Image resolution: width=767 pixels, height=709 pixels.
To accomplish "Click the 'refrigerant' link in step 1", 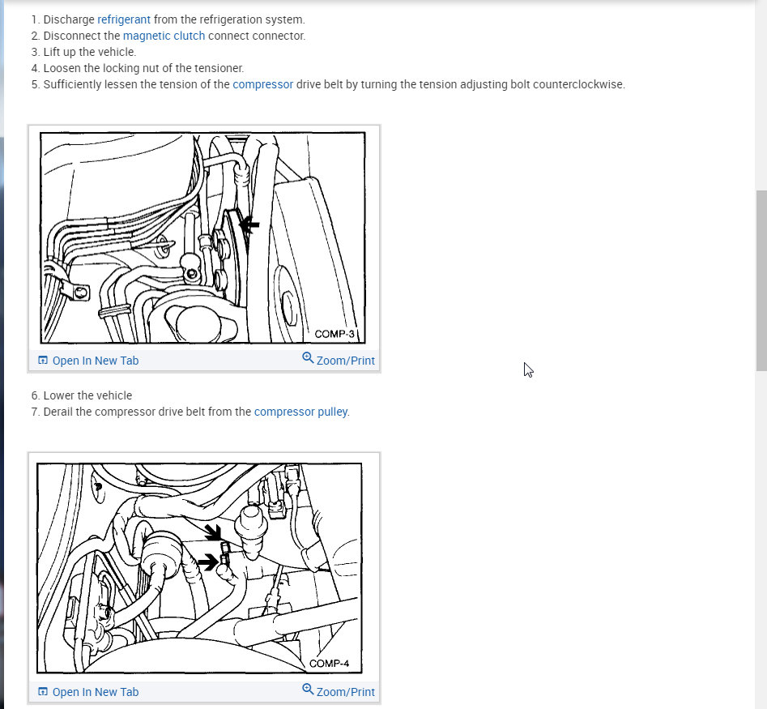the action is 124,19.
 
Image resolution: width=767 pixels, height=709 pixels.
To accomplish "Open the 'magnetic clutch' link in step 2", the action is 164,36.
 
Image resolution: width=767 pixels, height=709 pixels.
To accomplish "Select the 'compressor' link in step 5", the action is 262,84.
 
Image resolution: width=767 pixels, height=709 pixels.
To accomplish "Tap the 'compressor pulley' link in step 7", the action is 300,412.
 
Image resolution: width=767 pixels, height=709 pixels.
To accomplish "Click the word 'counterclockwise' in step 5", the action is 578,84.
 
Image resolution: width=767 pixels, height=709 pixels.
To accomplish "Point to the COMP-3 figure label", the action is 334,334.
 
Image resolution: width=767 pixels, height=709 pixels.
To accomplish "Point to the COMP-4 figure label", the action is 329,664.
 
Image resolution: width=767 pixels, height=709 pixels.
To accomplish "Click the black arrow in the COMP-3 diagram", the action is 249,224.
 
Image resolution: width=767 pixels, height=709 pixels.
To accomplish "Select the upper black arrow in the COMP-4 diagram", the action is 213,533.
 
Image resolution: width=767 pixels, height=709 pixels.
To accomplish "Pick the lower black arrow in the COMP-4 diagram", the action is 207,562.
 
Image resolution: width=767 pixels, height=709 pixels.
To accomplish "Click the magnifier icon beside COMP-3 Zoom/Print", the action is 308,357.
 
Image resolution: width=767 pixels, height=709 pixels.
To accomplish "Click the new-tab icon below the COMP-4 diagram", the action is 43,691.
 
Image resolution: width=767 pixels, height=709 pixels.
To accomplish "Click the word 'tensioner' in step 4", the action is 218,68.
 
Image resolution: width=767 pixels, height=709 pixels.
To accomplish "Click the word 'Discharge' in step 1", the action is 69,19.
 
